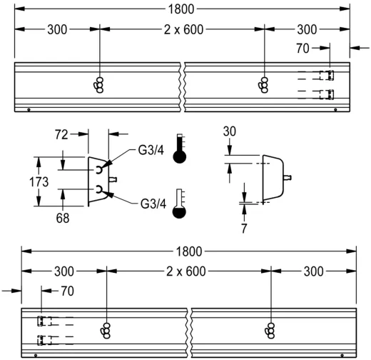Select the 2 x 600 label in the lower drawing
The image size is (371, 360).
(x=188, y=271)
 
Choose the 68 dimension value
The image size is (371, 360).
(x=63, y=219)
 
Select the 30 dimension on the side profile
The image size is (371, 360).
(x=229, y=131)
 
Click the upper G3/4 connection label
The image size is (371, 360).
(x=152, y=151)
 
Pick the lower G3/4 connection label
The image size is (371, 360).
(x=152, y=204)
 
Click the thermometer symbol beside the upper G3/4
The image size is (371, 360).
(x=180, y=147)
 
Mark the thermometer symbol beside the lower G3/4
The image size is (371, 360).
(x=180, y=203)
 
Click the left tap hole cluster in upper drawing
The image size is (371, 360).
(x=98, y=84)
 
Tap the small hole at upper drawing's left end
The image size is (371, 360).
(x=28, y=110)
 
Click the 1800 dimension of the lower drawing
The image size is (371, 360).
(x=188, y=251)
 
